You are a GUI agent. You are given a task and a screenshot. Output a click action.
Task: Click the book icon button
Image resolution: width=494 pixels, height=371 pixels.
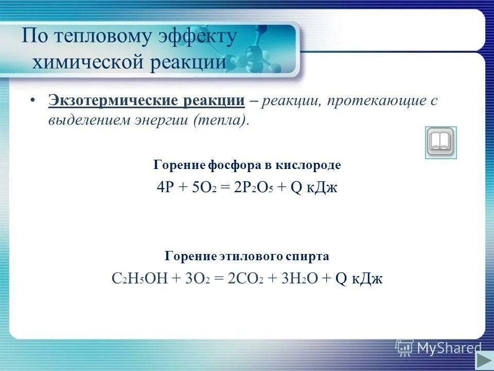pos(440,142)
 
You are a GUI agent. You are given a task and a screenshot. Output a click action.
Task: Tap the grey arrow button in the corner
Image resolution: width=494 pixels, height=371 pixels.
pos(484,360)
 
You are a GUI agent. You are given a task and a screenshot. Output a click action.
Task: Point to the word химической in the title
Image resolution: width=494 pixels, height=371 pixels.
pos(88,62)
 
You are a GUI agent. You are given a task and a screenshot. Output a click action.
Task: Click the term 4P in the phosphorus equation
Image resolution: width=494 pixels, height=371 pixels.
pos(165,187)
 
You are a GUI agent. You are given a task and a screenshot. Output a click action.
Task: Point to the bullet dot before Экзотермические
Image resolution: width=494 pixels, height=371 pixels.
pos(32,100)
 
